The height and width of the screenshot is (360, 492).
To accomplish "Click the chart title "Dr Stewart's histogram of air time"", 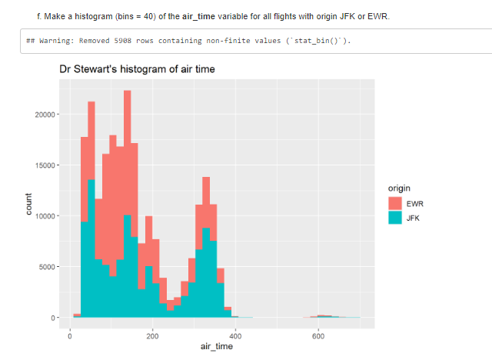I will point(137,70).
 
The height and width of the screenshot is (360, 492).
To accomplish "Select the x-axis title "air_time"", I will point(216,347).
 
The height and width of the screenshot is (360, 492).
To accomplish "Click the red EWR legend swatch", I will point(395,203).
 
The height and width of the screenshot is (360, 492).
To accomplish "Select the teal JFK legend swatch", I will point(395,218).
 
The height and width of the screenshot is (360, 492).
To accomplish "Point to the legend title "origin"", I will point(400,188).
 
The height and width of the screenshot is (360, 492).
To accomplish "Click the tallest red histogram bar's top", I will point(127,92).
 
